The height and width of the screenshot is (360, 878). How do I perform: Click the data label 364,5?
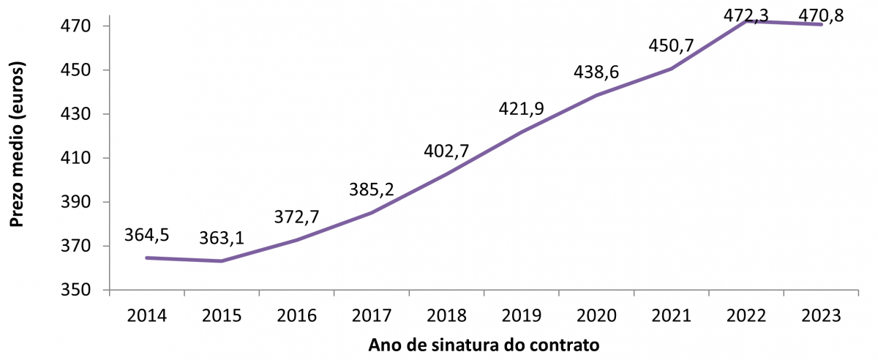point(148,236)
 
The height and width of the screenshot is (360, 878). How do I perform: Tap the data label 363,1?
point(222,239)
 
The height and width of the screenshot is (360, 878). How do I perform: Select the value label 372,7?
point(298,217)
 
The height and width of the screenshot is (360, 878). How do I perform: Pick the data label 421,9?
point(522,109)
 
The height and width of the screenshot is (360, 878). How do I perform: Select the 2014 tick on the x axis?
point(147,316)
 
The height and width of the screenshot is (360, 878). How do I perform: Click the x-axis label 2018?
point(447,316)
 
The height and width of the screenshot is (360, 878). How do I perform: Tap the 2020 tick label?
point(597,316)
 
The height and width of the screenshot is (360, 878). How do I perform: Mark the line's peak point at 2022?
point(746,21)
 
